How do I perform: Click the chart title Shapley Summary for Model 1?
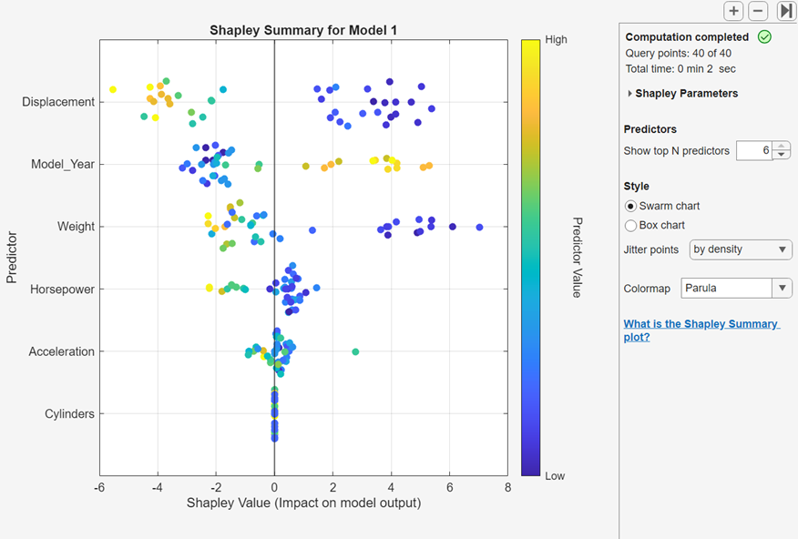click(x=303, y=30)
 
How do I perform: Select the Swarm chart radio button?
click(x=630, y=206)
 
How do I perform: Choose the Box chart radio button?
click(x=630, y=225)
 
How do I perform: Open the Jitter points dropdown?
click(x=740, y=249)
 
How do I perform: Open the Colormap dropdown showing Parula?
click(x=736, y=289)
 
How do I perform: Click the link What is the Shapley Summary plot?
click(x=701, y=330)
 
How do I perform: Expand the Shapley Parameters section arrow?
click(x=629, y=94)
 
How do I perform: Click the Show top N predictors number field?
click(x=754, y=150)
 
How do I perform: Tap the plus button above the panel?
click(x=733, y=11)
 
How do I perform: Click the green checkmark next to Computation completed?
click(x=764, y=37)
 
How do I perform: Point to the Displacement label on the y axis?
click(x=58, y=102)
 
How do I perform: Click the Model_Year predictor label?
click(x=63, y=165)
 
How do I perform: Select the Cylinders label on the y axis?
click(x=69, y=414)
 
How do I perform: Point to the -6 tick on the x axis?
click(x=99, y=487)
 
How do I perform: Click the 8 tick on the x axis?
click(x=507, y=487)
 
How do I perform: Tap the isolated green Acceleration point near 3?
click(x=355, y=351)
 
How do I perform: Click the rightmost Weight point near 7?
click(x=479, y=227)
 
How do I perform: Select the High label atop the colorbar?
click(x=556, y=40)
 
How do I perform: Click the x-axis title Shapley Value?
click(x=303, y=503)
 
